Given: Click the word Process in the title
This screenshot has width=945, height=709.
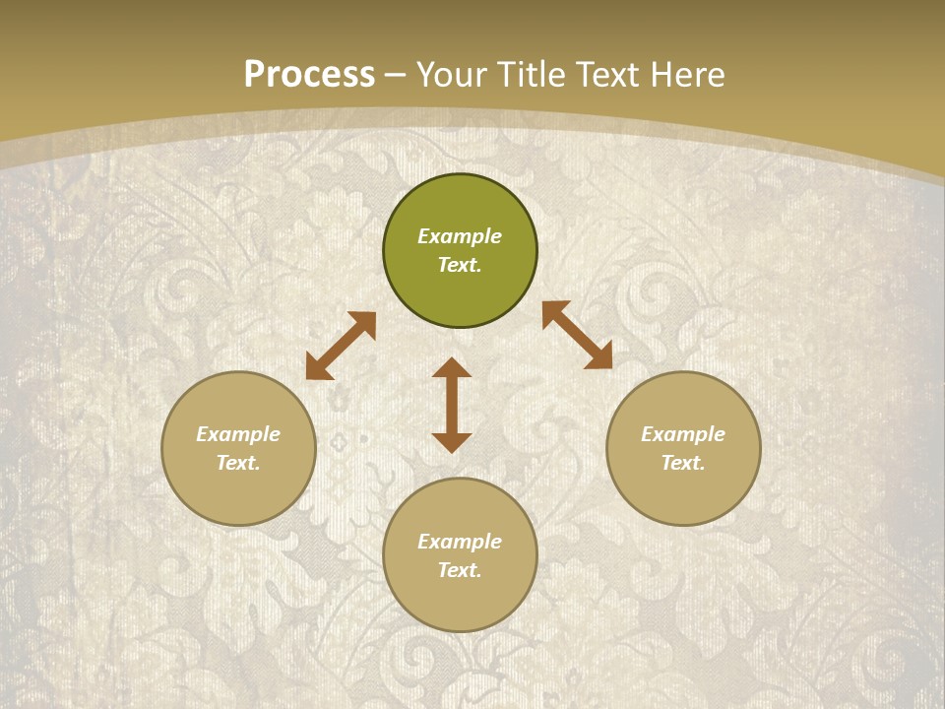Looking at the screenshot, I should [x=309, y=75].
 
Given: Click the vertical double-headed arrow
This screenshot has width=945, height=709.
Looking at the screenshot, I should [x=452, y=405].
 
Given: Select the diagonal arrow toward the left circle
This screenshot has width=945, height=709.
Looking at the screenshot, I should [x=341, y=346].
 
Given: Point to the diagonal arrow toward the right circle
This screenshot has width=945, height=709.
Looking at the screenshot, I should [x=577, y=335].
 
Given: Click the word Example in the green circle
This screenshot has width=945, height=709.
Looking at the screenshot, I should [x=460, y=236].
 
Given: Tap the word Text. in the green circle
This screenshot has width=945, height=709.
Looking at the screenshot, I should [x=460, y=265].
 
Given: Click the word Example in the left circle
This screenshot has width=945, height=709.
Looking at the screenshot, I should [x=238, y=434].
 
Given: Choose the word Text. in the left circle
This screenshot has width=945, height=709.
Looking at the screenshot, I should [x=238, y=463].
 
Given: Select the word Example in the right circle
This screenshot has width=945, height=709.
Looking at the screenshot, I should [x=683, y=434].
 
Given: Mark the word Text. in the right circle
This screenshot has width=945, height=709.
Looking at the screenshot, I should [x=683, y=463].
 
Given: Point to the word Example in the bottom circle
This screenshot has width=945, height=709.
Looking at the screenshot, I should [x=460, y=542].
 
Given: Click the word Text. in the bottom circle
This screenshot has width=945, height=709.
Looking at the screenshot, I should [x=460, y=570].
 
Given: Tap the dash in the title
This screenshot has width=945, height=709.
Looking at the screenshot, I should [x=396, y=76].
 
